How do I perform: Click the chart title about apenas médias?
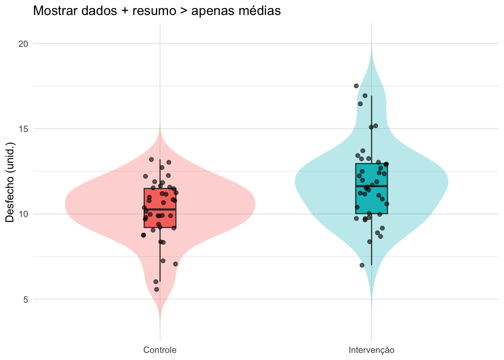pyautogui.click(x=157, y=11)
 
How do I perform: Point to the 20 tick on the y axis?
pyautogui.click(x=23, y=43)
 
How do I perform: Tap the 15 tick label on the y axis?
pyautogui.click(x=23, y=129)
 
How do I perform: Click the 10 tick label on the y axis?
pyautogui.click(x=23, y=214)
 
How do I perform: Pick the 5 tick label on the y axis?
pyautogui.click(x=25, y=299)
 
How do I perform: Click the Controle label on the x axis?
pyautogui.click(x=160, y=350)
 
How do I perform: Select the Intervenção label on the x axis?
pyautogui.click(x=371, y=350)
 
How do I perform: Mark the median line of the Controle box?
pyautogui.click(x=160, y=209)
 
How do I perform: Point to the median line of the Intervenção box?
pyautogui.click(x=371, y=186)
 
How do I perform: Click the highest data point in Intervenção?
pyautogui.click(x=356, y=86)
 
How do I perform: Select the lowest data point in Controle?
pyautogui.click(x=157, y=289)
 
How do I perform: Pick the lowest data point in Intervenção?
pyautogui.click(x=362, y=265)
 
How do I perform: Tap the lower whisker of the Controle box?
pyautogui.click(x=160, y=255)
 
